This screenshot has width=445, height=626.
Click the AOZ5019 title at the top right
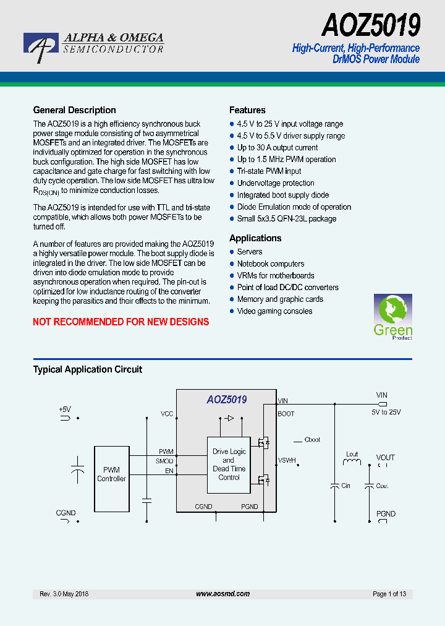[371, 26]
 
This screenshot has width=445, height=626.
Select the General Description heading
[74, 110]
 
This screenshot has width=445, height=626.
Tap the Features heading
[247, 110]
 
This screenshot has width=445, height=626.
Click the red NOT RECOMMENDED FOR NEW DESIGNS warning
[121, 322]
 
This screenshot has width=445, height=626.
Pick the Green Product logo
[392, 317]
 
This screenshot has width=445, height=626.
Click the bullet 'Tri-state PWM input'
[269, 171]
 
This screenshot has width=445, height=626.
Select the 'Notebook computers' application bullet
[271, 264]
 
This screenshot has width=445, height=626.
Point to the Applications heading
[255, 238]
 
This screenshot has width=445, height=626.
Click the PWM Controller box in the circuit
[111, 474]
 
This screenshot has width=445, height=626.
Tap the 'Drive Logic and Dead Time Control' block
[229, 465]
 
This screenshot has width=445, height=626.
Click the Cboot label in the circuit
[312, 440]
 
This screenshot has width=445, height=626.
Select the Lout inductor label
[352, 455]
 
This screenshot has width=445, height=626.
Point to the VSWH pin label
[287, 460]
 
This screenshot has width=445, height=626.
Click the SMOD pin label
[164, 461]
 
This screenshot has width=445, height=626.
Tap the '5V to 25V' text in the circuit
[386, 412]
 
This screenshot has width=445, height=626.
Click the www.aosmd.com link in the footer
[222, 594]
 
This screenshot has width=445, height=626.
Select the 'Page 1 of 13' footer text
[389, 594]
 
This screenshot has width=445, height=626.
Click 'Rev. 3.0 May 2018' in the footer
[64, 594]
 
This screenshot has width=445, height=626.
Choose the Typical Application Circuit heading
[87, 369]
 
